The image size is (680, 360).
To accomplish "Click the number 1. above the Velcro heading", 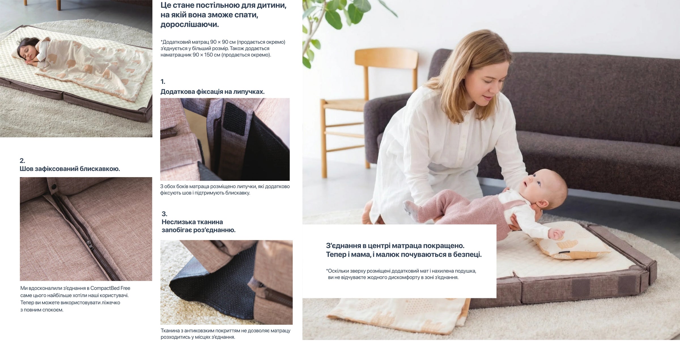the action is (163, 82).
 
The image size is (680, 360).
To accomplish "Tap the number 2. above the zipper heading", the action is (22, 161).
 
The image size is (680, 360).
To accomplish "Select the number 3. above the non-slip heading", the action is (164, 214).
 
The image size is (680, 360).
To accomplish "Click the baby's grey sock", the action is (410, 209).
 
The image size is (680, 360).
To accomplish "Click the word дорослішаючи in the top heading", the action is (190, 25).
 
